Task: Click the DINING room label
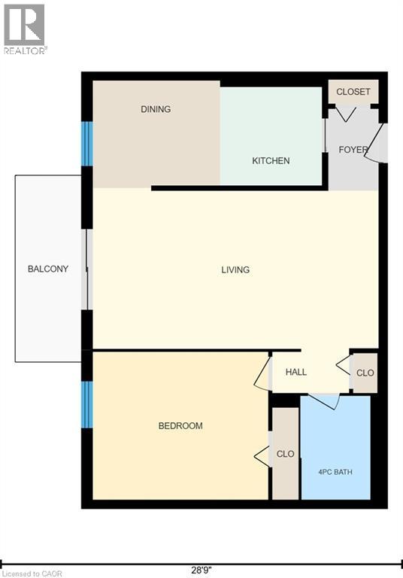(x=156, y=109)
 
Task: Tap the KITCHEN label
(x=271, y=161)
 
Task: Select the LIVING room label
(x=235, y=270)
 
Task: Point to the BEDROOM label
(x=180, y=426)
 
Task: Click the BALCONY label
(x=48, y=269)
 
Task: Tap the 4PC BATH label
(x=335, y=472)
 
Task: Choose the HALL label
(x=296, y=372)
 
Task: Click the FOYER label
(x=353, y=150)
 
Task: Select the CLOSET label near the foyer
(x=353, y=91)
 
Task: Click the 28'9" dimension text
(x=201, y=570)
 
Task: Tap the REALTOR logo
(x=25, y=29)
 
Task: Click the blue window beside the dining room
(x=87, y=144)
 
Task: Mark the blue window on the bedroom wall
(x=87, y=404)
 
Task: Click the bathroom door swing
(x=323, y=400)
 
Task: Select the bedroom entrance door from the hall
(x=262, y=373)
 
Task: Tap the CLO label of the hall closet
(x=365, y=373)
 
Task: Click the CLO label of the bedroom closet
(x=286, y=453)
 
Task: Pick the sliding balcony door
(x=87, y=269)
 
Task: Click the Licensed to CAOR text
(x=32, y=573)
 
